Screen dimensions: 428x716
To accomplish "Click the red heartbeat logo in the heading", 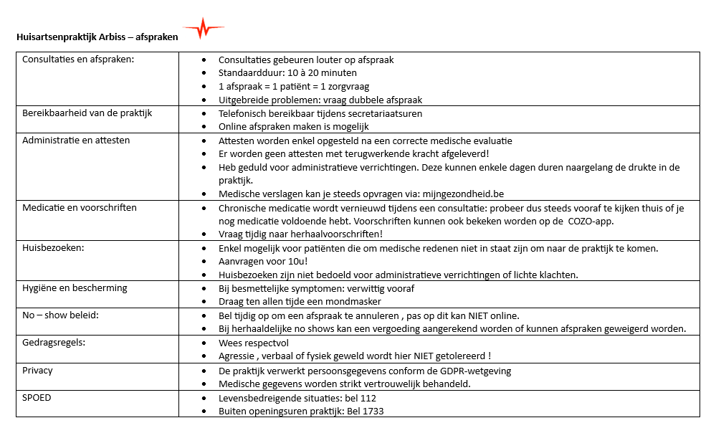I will coord(204,29).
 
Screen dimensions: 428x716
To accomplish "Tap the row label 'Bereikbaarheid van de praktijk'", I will coord(87,113).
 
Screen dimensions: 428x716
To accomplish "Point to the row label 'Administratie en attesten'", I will coord(76,141).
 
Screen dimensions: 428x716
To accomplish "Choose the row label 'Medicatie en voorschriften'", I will coord(79,208).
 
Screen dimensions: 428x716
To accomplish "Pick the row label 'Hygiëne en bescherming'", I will coord(75,288).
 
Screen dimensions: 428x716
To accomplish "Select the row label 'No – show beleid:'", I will coord(61,315).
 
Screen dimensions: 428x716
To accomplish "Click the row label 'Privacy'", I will coord(37,371).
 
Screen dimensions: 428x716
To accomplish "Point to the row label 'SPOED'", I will coord(37,397).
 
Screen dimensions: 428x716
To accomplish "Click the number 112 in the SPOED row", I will coord(368,398).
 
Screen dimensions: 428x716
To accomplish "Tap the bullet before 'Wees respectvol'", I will coord(206,343).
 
